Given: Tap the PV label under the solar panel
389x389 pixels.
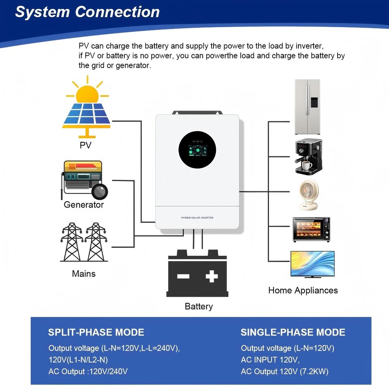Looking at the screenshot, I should (x=85, y=145).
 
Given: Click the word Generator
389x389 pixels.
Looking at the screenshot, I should (x=84, y=205).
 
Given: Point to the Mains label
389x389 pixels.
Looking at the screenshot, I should (x=83, y=274).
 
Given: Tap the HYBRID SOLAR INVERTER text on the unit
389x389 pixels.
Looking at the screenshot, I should (x=197, y=218).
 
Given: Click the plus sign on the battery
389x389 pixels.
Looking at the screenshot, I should (x=212, y=277).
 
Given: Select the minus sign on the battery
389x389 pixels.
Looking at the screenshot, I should (x=183, y=277).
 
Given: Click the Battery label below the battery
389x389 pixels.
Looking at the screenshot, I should (x=199, y=306).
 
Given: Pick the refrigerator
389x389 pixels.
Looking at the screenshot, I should (x=307, y=107).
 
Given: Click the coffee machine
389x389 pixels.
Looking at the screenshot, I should (x=308, y=156).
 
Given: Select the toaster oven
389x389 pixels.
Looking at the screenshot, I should (x=311, y=230).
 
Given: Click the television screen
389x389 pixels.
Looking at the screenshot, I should (x=312, y=263).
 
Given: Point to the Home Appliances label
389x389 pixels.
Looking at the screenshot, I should (x=303, y=290).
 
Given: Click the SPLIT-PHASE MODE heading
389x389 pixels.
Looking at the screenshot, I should (x=96, y=332).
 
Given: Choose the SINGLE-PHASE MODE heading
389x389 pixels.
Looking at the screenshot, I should (x=293, y=332).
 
